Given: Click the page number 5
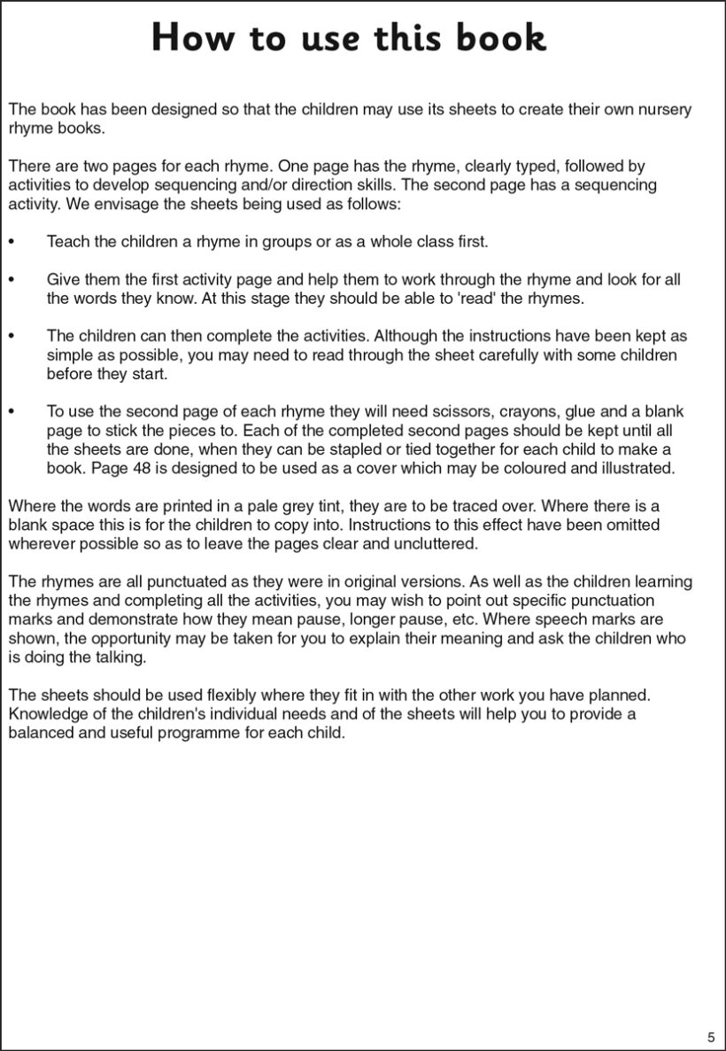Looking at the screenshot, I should (711, 1037).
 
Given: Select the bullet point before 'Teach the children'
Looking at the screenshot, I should (11, 242).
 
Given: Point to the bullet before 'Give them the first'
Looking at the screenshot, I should (11, 280).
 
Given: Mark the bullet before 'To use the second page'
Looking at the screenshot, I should (11, 412).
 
